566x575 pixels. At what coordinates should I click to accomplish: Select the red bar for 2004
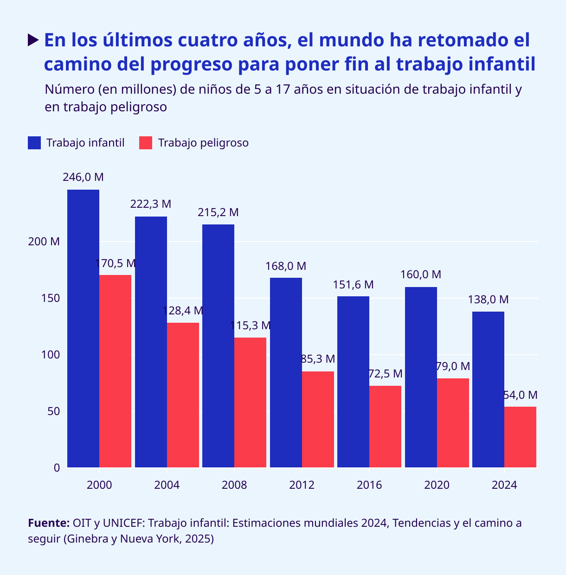[x=183, y=395]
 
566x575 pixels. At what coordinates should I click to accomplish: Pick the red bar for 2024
[x=520, y=437]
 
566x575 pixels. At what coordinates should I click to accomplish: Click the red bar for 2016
[x=385, y=426]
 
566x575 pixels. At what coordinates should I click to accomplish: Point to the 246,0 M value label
[x=83, y=177]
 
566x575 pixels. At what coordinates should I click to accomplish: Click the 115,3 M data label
[x=251, y=326]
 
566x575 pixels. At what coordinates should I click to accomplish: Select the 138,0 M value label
[x=488, y=300]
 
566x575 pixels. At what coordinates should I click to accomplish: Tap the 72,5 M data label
[x=385, y=374]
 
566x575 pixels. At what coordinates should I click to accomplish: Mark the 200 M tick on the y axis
[x=49, y=242]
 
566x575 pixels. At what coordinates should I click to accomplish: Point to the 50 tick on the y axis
[x=54, y=411]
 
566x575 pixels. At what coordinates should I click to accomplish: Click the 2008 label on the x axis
[x=234, y=486]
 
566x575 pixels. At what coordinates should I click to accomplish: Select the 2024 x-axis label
[x=504, y=486]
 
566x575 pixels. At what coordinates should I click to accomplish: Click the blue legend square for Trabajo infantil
[x=34, y=143]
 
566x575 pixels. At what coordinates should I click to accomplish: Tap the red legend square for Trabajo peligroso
[x=146, y=143]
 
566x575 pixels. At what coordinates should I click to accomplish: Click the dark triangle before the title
[x=32, y=40]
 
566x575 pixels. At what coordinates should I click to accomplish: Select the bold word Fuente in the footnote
[x=49, y=524]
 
